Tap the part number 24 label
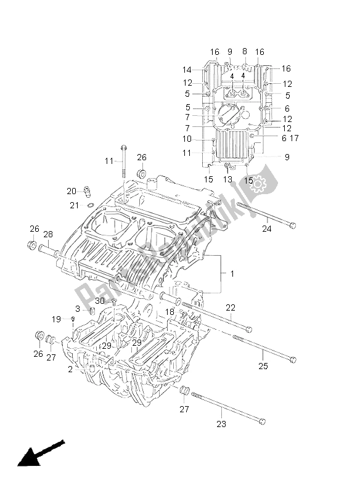266,230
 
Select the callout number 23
221,423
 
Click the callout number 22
231,308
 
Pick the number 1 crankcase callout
232,273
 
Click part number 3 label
78,309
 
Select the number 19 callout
56,319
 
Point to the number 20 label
72,190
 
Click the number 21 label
73,205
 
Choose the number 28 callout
48,234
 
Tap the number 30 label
100,301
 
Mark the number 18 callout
170,312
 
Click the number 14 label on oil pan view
187,70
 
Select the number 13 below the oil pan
229,179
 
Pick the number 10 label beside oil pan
187,139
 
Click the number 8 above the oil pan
244,52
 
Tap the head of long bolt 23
263,422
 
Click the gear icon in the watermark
257,183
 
